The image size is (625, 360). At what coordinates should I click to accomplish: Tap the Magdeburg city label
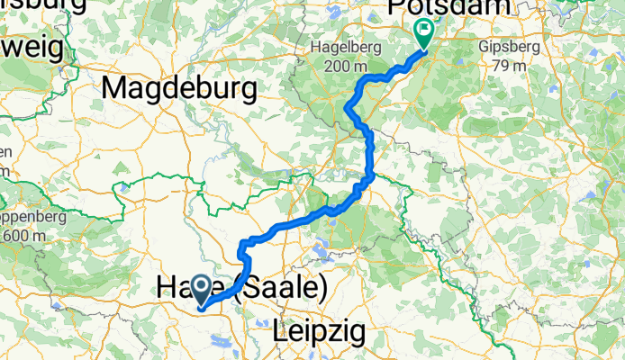click(x=180, y=88)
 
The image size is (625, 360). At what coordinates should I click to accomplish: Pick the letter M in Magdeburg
click(x=115, y=88)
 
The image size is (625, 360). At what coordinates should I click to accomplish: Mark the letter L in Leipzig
click(x=279, y=333)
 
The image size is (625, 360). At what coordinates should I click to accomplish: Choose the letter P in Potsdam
click(x=396, y=8)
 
